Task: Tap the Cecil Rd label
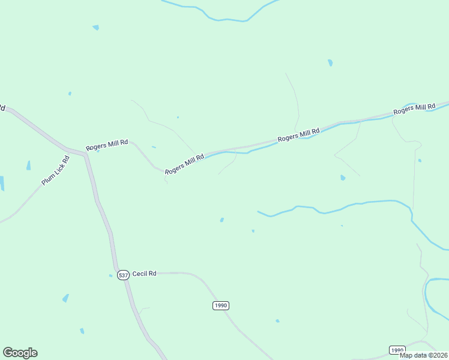tap(144, 274)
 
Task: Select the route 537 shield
tap(123, 275)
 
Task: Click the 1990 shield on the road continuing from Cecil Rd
tap(221, 305)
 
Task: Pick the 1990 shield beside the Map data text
tap(397, 350)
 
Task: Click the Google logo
tap(20, 353)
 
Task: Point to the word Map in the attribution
tap(406, 355)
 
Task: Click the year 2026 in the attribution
tap(439, 355)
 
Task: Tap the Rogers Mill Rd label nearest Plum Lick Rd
tap(107, 145)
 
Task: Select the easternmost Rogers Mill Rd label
tap(414, 109)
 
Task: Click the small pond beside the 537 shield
tap(111, 276)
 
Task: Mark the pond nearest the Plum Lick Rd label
tap(28, 165)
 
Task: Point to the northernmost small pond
tap(95, 28)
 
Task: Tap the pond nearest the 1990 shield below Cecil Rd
tap(277, 321)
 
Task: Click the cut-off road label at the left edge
tap(2, 108)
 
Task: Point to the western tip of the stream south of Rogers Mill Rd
tap(259, 212)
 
